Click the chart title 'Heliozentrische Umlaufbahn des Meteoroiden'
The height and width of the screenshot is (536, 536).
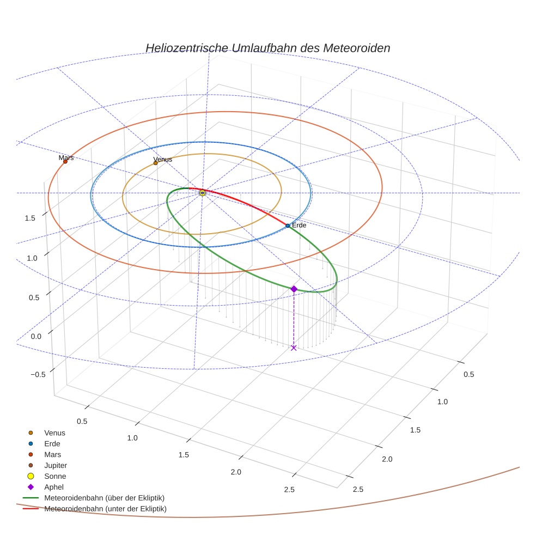[x=267, y=48]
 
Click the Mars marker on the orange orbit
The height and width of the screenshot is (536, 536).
[x=65, y=161]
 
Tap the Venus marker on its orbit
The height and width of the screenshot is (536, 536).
[x=155, y=163]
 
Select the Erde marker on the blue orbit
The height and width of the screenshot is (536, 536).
[x=288, y=226]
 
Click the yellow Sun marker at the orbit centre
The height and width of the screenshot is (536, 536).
[x=202, y=193]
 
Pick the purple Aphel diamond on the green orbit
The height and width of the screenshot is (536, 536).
[x=294, y=289]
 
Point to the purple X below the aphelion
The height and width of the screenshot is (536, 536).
[x=294, y=348]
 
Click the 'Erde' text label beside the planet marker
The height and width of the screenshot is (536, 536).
[x=299, y=225]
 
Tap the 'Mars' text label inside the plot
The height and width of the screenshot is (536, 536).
[x=66, y=157]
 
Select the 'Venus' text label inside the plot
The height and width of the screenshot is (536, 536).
[x=162, y=159]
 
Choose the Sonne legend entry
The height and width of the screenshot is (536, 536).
[x=55, y=476]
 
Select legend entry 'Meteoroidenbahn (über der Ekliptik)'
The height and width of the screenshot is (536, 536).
[x=104, y=498]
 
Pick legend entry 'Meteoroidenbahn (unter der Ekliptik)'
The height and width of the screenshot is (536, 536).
[x=105, y=509]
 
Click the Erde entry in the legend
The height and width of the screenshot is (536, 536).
[x=52, y=443]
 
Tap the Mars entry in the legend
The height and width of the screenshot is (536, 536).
[x=53, y=454]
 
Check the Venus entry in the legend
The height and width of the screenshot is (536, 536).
[x=54, y=433]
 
